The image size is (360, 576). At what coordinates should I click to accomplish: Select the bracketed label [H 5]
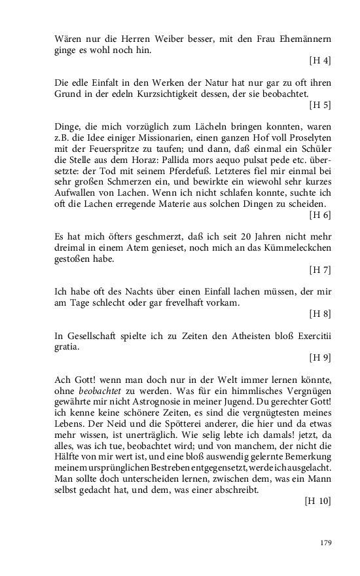click(x=319, y=105)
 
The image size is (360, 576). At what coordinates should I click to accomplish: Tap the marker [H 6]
click(x=319, y=215)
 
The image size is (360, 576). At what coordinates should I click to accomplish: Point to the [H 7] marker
click(x=319, y=270)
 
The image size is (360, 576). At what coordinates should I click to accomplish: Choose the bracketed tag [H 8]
click(x=319, y=314)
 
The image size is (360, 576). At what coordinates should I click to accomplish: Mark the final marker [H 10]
click(x=317, y=501)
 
